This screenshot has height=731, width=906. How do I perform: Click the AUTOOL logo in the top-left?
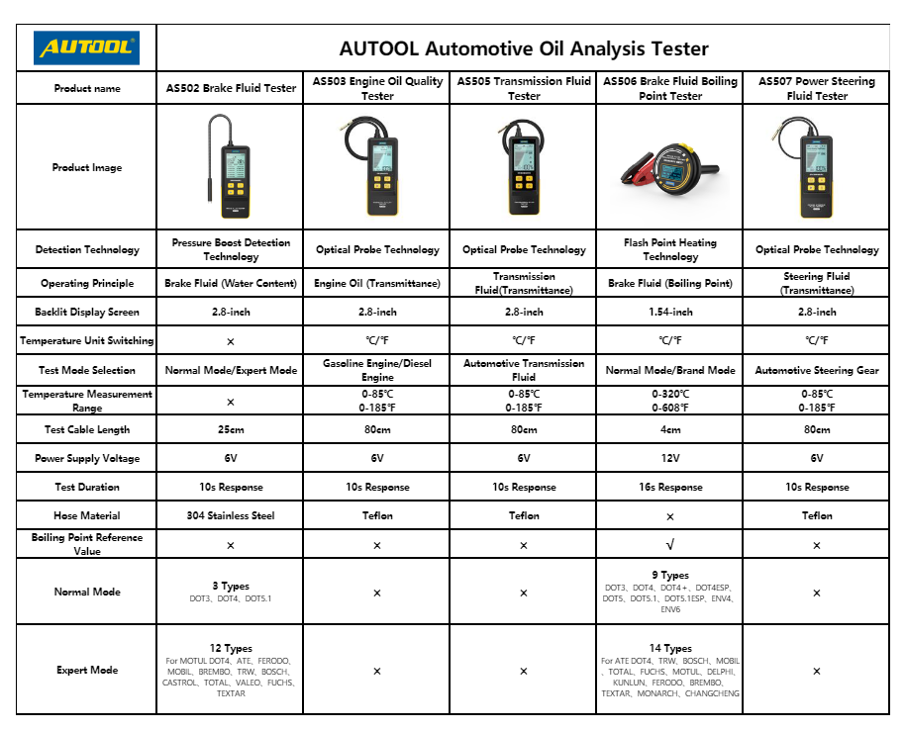point(86,47)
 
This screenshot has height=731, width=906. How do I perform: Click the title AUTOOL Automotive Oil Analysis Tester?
point(524,48)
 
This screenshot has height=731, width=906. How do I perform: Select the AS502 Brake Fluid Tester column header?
point(231,88)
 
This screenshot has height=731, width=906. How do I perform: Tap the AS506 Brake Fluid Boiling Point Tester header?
point(670,88)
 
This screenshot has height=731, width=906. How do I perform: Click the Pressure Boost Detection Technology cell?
point(231,249)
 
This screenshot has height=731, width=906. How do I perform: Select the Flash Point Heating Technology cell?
point(670,249)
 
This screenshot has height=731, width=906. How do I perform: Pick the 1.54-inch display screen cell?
point(670,312)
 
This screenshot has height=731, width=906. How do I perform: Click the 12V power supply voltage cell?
point(670,458)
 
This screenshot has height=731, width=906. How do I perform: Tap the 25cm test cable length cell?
point(231,429)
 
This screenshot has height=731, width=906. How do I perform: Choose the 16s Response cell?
point(670,487)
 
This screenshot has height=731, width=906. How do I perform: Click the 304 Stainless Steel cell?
point(231,515)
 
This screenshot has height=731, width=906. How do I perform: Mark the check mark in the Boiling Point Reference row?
point(670,545)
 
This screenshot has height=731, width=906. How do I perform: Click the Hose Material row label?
point(86,515)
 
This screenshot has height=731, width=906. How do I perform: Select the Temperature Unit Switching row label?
point(86,341)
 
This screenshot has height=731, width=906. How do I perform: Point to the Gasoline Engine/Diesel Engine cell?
point(377,370)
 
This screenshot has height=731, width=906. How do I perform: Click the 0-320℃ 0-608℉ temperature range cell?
point(670,401)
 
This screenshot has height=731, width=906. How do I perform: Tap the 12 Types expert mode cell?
point(231,670)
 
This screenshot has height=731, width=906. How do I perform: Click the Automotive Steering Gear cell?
point(817,370)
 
